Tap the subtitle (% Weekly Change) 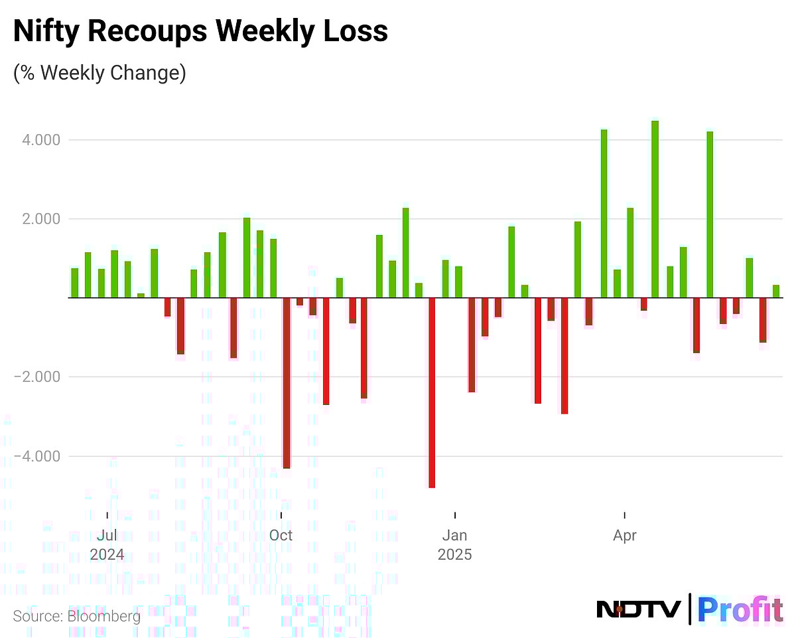point(99,72)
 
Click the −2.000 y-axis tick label point(37,377)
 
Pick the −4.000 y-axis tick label point(37,456)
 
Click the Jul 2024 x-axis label point(107,544)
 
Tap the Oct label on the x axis point(281,535)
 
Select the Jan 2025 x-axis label point(455,544)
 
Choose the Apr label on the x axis point(625,535)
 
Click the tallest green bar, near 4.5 point(655,209)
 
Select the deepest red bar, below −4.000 point(432,392)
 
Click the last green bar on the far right point(775,291)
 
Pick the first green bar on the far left point(75,283)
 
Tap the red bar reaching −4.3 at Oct point(287,383)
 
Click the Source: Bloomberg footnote point(76,616)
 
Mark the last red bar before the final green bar point(763,320)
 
